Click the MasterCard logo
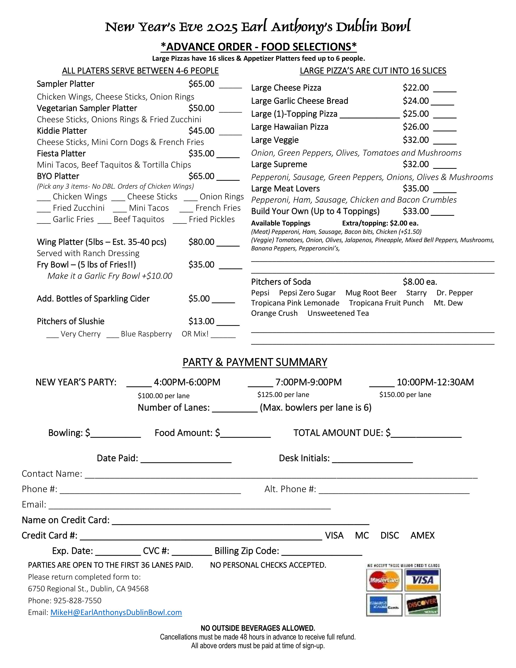(x=384, y=580)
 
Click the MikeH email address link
(x=116, y=612)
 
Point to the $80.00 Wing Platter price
(x=201, y=242)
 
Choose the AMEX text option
(x=422, y=536)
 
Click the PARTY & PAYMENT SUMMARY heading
(x=255, y=363)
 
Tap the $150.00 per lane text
(x=405, y=395)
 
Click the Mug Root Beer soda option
(x=371, y=293)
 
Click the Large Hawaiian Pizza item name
(x=290, y=127)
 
